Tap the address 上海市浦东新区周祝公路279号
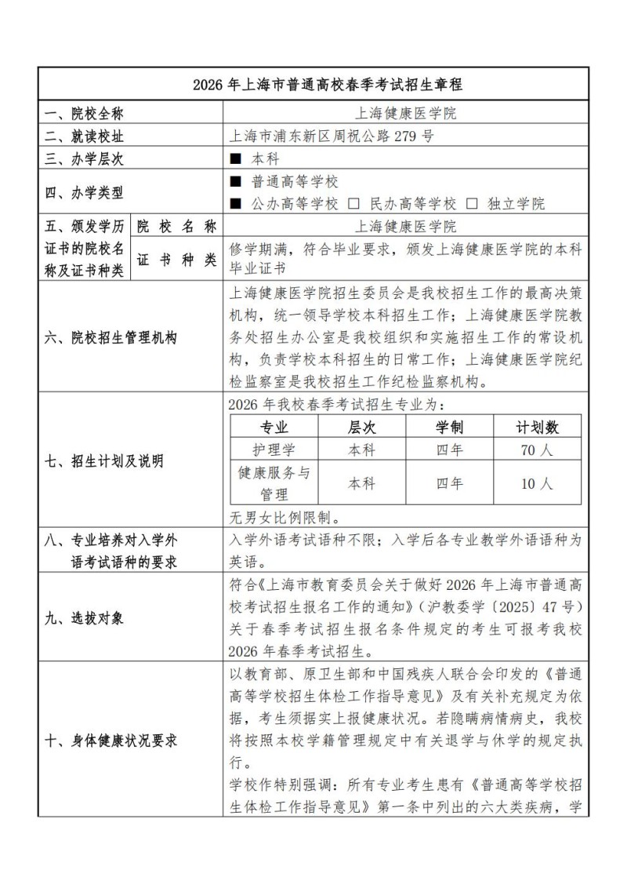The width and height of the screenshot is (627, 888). (330, 136)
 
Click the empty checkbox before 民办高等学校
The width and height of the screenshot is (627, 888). (353, 205)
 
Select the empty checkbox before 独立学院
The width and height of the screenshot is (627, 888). (472, 205)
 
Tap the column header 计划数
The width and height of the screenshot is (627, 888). (537, 428)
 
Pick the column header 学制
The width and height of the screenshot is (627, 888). (449, 428)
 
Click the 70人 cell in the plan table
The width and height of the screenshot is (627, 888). (537, 450)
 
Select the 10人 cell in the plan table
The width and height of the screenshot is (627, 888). (537, 483)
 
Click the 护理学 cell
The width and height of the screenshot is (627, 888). (274, 450)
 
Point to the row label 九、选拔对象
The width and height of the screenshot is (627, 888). (84, 618)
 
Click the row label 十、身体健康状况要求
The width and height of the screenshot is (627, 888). (110, 740)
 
